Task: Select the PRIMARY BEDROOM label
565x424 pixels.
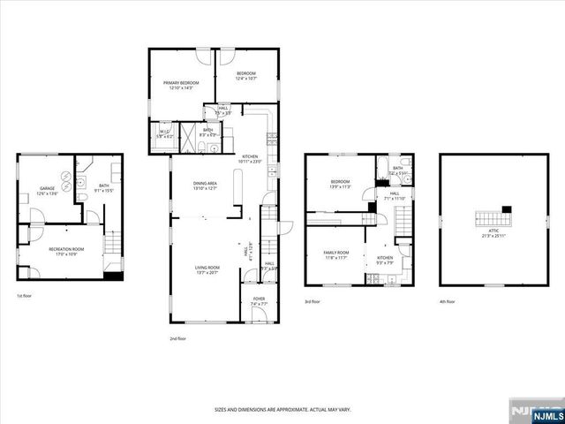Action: click(181, 82)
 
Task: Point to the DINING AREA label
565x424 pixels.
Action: click(205, 183)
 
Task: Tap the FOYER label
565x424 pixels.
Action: click(259, 299)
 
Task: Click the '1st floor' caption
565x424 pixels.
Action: click(26, 296)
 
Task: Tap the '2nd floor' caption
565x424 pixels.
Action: click(179, 337)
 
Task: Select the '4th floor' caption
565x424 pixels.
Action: click(448, 301)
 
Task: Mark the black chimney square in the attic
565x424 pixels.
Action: click(506, 209)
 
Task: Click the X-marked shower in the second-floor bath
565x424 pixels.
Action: click(186, 139)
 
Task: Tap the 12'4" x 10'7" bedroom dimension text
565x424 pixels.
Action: click(245, 79)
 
